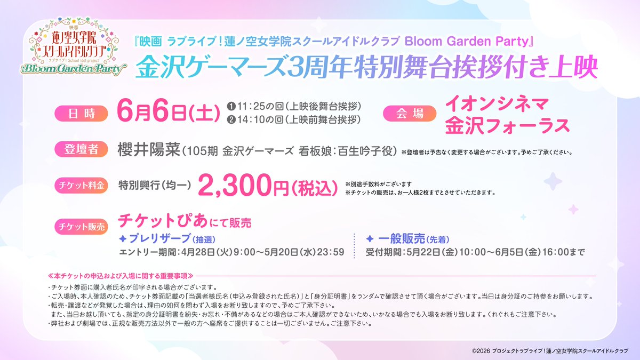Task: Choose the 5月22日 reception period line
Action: point(475,251)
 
